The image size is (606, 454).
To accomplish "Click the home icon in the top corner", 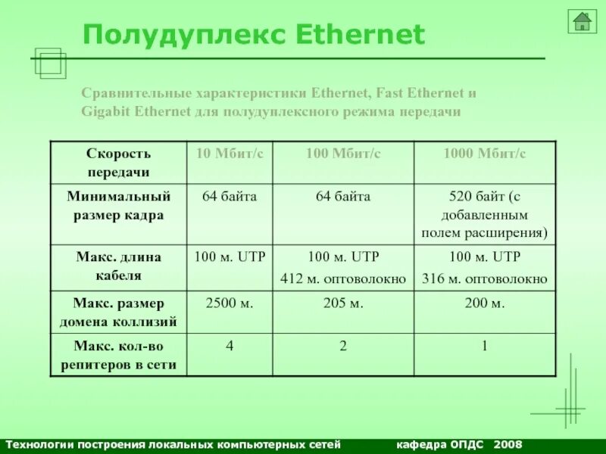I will coord(582,21).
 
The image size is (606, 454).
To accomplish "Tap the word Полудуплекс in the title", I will coord(182,34).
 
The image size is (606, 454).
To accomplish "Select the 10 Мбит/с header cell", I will coord(230,154).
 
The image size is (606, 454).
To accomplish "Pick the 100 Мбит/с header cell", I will coord(343,154).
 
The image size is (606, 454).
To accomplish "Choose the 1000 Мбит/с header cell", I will coord(484,154).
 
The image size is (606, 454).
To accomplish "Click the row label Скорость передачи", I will coord(118,163).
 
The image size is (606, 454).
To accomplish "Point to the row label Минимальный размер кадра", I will coord(118,206).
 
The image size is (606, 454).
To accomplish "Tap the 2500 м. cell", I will coord(230,303).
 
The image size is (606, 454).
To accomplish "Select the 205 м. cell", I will coord(343,303).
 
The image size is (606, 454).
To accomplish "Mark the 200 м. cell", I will coord(484,303).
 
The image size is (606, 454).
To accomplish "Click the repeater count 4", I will coord(230,347).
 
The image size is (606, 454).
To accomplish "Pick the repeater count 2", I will coord(343,347).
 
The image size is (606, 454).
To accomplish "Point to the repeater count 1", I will coord(484,347).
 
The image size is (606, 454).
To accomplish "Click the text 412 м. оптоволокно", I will coord(343,279).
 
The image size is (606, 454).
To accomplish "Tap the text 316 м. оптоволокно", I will coord(484,279).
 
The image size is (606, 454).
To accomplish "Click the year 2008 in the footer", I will coord(507,443).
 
